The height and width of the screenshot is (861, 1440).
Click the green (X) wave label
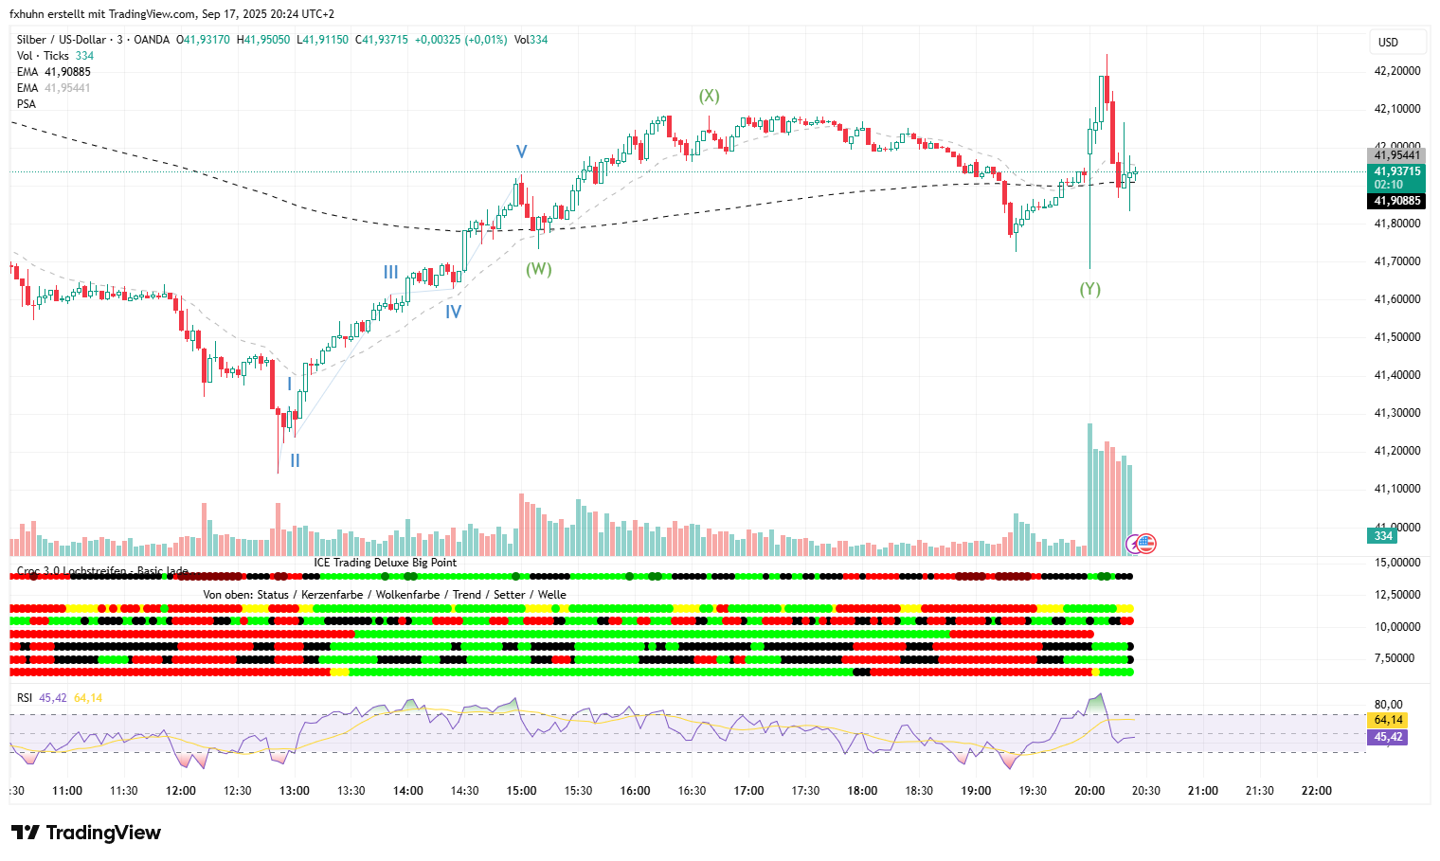point(709,96)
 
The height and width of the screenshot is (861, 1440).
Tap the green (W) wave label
point(538,269)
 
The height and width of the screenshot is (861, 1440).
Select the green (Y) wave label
point(1089,289)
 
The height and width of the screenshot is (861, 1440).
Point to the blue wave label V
point(521,152)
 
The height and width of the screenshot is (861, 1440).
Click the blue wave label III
point(390,273)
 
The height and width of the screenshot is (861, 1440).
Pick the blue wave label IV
point(453,312)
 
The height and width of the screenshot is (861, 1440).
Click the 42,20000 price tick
point(1396,71)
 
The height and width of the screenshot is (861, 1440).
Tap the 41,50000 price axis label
point(1396,337)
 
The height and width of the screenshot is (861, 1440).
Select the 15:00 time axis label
point(521,791)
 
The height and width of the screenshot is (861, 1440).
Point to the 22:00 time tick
point(1316,791)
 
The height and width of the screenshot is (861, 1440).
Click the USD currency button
point(1389,43)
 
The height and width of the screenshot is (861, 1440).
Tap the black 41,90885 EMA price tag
point(1396,201)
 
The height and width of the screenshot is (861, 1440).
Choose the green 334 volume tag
point(1383,536)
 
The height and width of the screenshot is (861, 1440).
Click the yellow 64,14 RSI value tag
point(1387,720)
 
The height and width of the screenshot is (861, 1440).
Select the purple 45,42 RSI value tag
point(1387,737)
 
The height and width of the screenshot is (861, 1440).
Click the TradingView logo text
point(102,833)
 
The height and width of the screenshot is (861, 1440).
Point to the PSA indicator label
point(27,104)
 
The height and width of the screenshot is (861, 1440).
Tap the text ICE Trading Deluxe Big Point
point(385,563)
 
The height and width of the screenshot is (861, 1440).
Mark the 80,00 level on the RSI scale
point(1388,705)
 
